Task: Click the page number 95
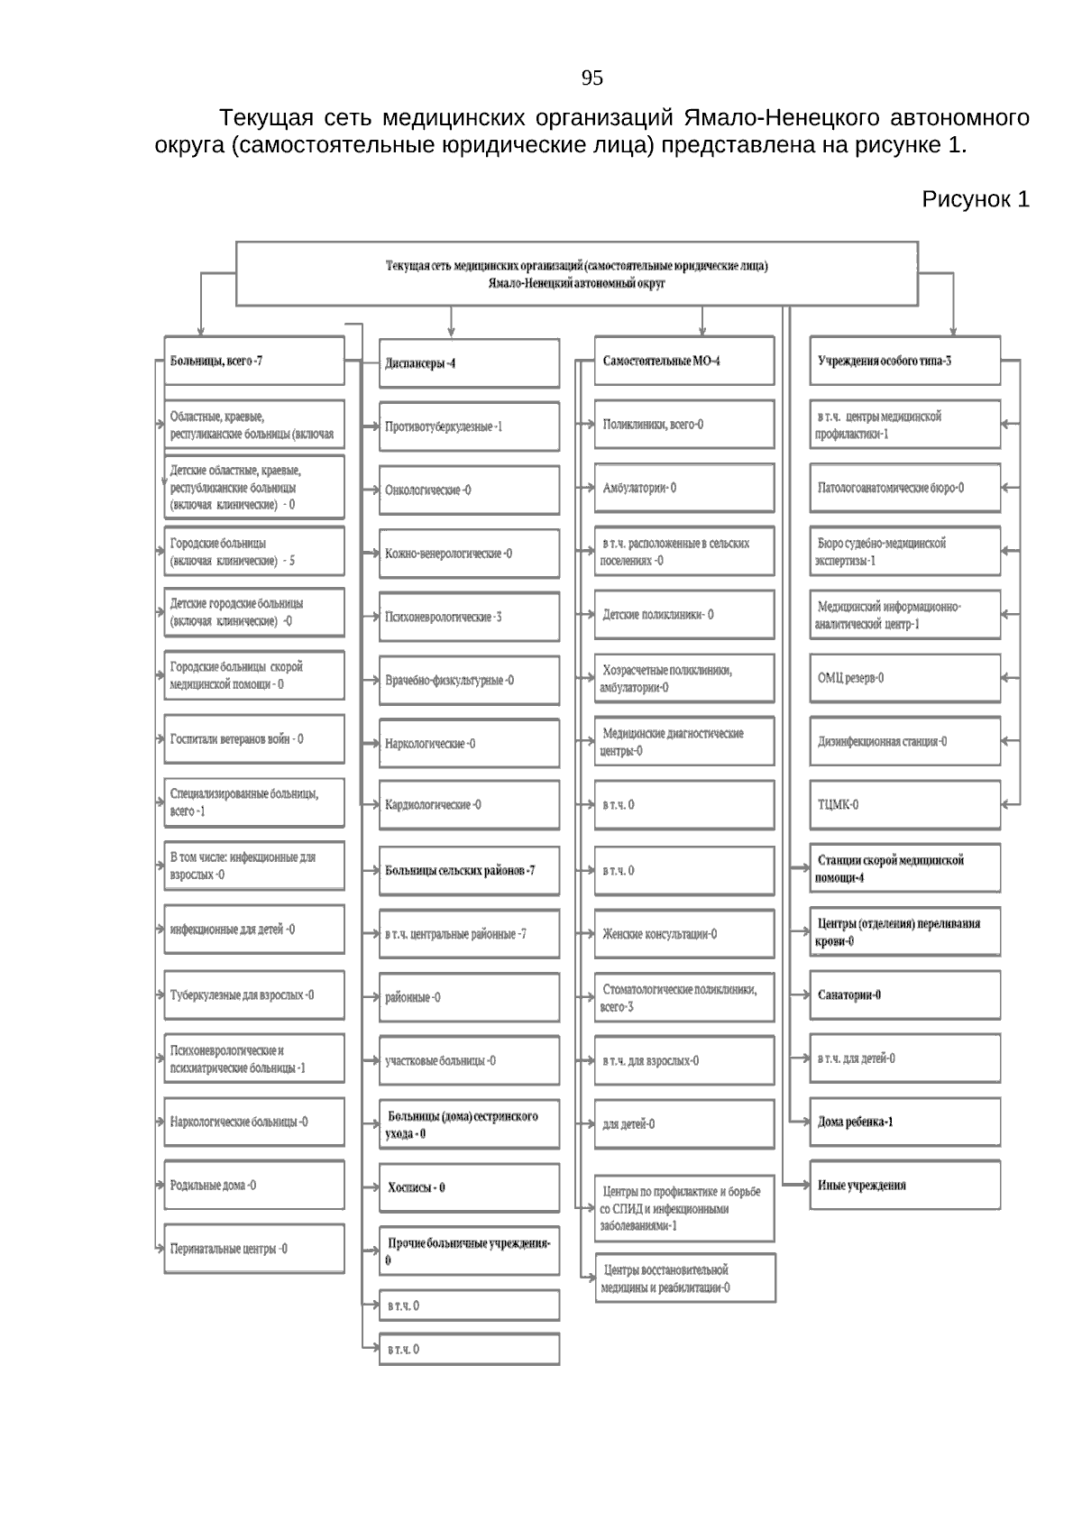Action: click(x=591, y=78)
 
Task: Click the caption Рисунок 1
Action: click(x=975, y=199)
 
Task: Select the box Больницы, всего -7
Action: click(x=254, y=362)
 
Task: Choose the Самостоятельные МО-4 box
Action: click(x=683, y=362)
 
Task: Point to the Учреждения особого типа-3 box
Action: click(x=904, y=362)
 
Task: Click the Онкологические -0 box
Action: click(x=469, y=490)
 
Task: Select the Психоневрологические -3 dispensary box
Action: click(x=469, y=618)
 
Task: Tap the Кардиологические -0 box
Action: click(x=469, y=805)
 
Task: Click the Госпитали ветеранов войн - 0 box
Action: click(x=254, y=739)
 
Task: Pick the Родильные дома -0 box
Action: click(x=254, y=1186)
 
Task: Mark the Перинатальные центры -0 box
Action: click(x=254, y=1250)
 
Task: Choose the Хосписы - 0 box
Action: click(x=469, y=1188)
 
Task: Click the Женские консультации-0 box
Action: click(x=683, y=935)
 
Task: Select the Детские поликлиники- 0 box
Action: click(x=683, y=615)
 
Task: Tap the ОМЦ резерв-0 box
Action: click(x=904, y=678)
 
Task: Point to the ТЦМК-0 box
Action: click(x=904, y=805)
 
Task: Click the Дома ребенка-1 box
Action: click(x=904, y=1122)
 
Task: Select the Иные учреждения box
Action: click(x=904, y=1186)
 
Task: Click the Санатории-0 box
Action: click(x=904, y=995)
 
